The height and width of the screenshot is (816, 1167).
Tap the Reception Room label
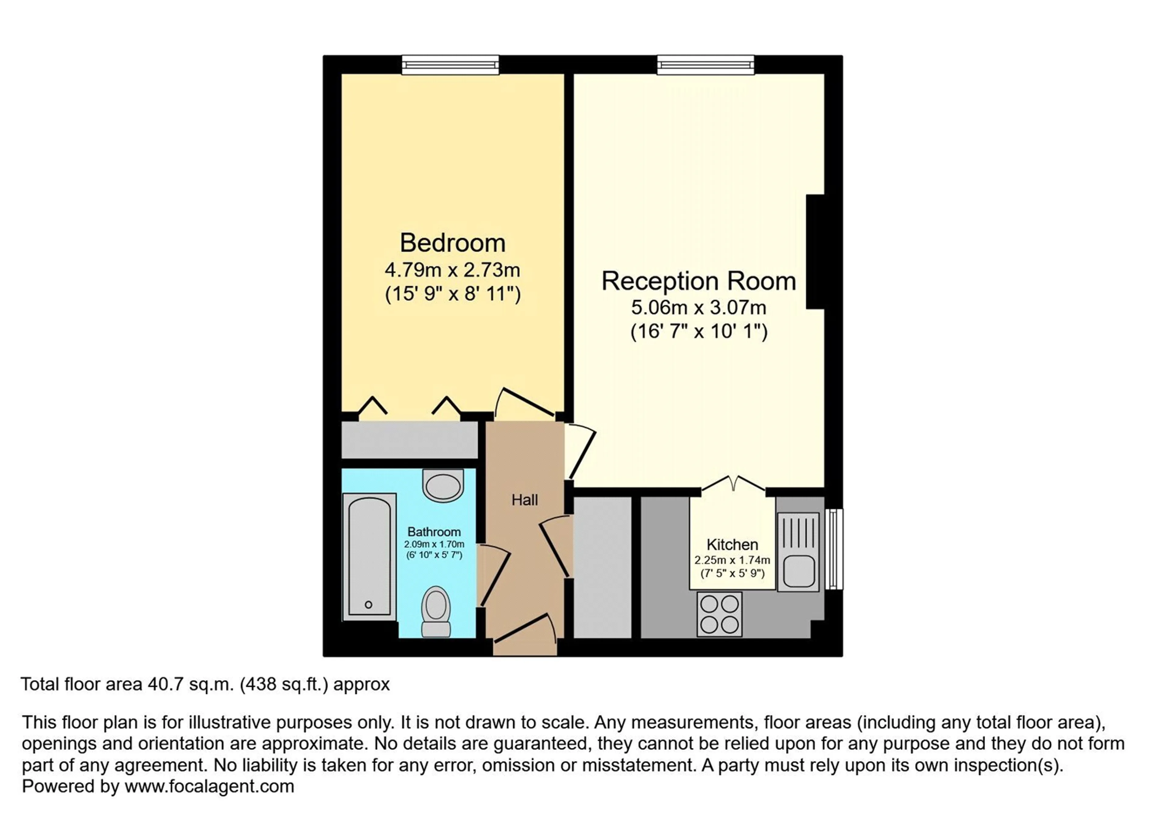point(699,281)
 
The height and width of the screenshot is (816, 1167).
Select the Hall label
point(525,500)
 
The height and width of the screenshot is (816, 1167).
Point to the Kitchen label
point(732,545)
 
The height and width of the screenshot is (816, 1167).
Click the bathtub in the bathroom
point(370,556)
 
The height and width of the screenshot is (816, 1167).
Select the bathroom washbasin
point(443,485)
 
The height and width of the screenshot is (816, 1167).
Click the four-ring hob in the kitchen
point(719,614)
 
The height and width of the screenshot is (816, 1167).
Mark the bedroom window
point(450,64)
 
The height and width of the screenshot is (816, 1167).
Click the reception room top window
point(705,64)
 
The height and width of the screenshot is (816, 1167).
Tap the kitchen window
point(834,549)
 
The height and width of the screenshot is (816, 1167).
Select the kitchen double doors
point(733,484)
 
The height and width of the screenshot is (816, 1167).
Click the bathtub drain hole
point(369,605)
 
